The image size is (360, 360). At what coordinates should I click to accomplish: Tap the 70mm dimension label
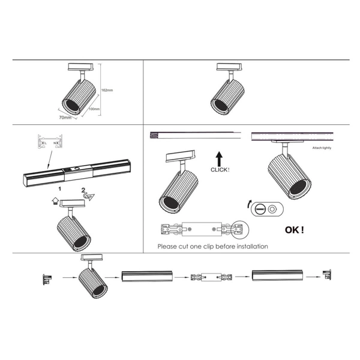(x=65, y=118)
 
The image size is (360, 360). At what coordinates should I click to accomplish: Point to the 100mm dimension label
(x=94, y=110)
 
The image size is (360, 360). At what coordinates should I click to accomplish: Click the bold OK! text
(x=294, y=229)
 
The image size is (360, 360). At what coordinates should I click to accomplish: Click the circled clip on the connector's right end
(x=239, y=229)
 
